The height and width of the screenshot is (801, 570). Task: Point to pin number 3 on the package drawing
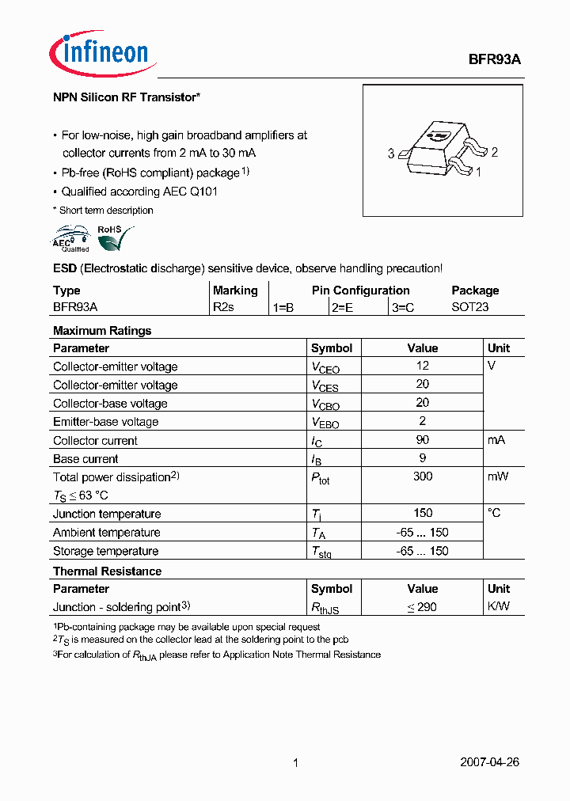(x=391, y=154)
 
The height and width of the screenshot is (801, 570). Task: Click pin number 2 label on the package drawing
(x=494, y=153)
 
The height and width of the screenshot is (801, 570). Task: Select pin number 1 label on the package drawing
(x=479, y=171)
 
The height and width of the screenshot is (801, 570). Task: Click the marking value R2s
(x=224, y=307)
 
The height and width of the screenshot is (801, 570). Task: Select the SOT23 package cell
(x=469, y=307)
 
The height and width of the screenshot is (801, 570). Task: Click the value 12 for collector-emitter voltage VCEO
(x=423, y=366)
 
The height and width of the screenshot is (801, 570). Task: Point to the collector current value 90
(x=423, y=439)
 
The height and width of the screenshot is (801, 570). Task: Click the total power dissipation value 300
(x=423, y=476)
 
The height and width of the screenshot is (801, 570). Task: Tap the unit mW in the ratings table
(x=498, y=476)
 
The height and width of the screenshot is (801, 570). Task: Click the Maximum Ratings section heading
(x=102, y=331)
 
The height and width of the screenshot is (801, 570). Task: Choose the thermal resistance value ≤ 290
(x=422, y=607)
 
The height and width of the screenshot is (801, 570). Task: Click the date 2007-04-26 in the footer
(x=489, y=762)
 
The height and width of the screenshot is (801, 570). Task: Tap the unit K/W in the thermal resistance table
(x=499, y=607)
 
